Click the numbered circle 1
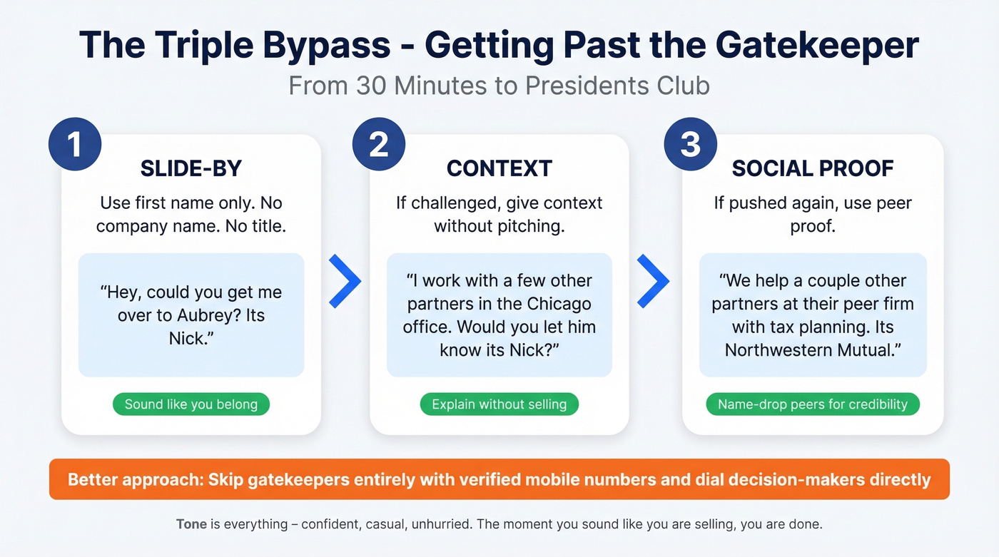[75, 145]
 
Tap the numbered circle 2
[379, 145]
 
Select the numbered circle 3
[690, 145]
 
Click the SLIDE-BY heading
[191, 168]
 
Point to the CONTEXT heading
[499, 168]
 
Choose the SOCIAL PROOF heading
[813, 168]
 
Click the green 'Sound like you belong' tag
[191, 404]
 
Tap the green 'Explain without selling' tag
[499, 404]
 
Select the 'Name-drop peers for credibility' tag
[813, 404]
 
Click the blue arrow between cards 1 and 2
[345, 282]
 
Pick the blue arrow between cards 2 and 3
[653, 282]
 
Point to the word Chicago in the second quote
[559, 304]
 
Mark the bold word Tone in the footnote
[191, 524]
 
